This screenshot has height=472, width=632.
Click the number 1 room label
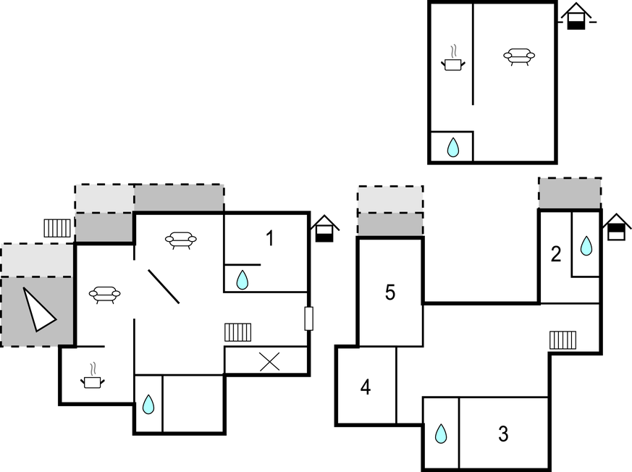(269, 237)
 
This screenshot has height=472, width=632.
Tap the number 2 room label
(556, 254)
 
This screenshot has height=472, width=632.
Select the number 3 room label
(503, 434)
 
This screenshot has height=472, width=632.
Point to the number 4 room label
(366, 387)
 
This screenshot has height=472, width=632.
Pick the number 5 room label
(390, 293)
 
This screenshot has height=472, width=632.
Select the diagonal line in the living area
(164, 287)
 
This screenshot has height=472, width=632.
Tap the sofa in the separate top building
(519, 56)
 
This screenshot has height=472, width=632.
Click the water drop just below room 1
(243, 279)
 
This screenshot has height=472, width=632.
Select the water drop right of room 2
(586, 246)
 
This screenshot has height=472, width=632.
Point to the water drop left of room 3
(441, 434)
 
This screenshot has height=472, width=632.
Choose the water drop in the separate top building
(453, 148)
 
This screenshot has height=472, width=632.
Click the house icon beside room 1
(324, 229)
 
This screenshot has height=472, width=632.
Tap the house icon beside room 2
(616, 227)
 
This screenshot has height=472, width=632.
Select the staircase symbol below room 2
(563, 340)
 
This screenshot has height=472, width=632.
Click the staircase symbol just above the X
(237, 332)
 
